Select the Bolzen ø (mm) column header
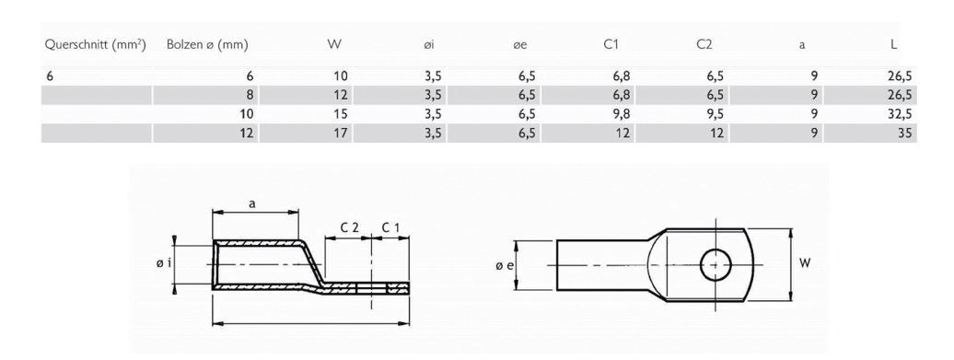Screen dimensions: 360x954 coord(207,44)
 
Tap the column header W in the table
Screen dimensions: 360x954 coord(335,44)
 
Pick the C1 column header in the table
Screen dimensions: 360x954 coord(610,44)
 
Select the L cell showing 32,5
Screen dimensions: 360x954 coord(895,114)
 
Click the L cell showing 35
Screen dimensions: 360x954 coord(902,133)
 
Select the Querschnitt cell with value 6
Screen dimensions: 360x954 coord(50,76)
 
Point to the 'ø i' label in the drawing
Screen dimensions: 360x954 coord(162,264)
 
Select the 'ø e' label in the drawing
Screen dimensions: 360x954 coord(500,265)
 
